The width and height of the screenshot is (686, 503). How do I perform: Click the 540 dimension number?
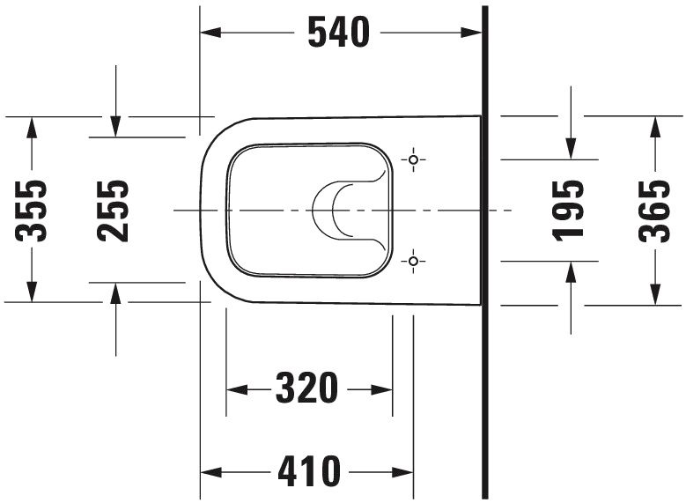click(338, 33)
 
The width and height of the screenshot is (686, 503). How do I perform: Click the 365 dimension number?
click(654, 210)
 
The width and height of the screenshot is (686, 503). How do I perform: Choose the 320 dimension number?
click(307, 388)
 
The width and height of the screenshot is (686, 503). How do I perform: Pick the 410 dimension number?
click(309, 472)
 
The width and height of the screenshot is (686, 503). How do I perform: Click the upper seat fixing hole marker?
click(413, 159)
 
